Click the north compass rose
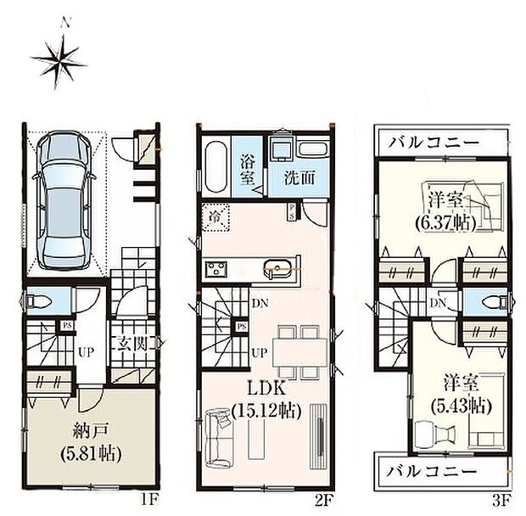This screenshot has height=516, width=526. pyautogui.click(x=59, y=59)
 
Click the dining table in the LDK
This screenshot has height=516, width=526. pyautogui.click(x=299, y=349)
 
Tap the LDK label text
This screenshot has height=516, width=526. pyautogui.click(x=265, y=391)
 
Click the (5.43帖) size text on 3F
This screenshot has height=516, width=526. pyautogui.click(x=458, y=405)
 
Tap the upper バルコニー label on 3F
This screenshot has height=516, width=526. pyautogui.click(x=433, y=142)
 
